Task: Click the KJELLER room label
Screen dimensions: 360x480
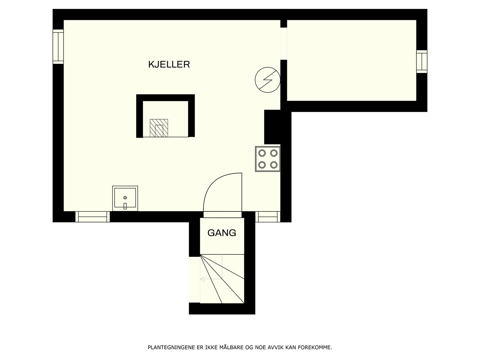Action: click(169, 64)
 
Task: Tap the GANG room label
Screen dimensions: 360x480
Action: click(222, 233)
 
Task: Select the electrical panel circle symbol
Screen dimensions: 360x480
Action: click(267, 80)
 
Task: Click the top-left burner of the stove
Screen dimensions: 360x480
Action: click(262, 153)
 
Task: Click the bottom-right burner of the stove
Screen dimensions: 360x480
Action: click(273, 165)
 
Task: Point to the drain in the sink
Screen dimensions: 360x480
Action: click(125, 197)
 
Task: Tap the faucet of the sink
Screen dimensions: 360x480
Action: click(125, 206)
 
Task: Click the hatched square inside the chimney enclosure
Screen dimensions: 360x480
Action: click(159, 128)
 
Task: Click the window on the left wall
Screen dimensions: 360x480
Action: click(58, 46)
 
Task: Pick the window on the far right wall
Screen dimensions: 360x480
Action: click(421, 61)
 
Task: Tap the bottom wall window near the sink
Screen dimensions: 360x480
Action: click(92, 217)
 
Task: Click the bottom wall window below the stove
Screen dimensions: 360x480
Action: click(268, 217)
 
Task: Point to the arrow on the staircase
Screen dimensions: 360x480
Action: click(203, 279)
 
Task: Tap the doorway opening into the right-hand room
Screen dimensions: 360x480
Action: click(283, 44)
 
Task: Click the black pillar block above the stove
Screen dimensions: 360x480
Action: click(272, 127)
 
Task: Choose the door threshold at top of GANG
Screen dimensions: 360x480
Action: click(222, 214)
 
